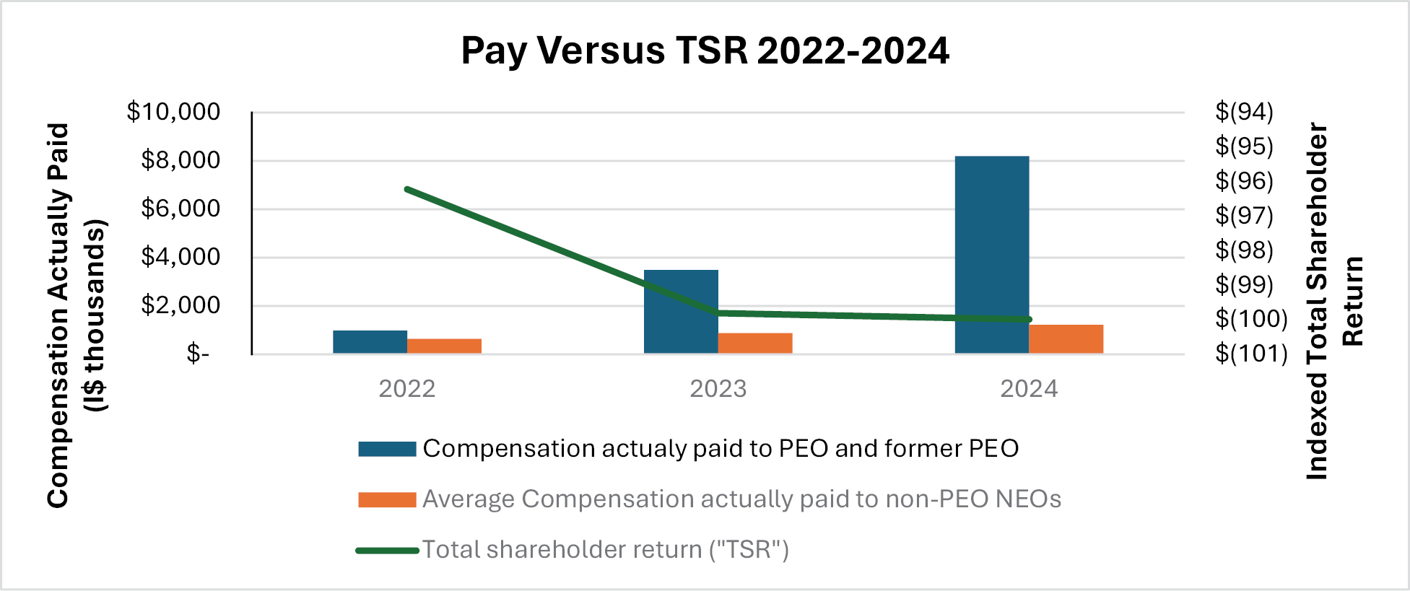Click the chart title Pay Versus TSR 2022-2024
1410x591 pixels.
coord(705,51)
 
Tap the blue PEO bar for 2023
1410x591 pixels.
coord(680,311)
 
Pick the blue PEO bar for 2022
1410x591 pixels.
coord(370,342)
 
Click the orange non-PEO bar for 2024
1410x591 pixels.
coord(1066,339)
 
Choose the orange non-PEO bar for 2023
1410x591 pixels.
coord(754,343)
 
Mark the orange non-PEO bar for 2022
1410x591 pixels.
coord(444,346)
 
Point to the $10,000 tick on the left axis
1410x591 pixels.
coord(173,112)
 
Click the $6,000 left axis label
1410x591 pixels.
coord(180,209)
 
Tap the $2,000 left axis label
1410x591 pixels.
coord(180,305)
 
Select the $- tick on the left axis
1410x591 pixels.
coord(198,354)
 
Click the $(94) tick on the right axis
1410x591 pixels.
coord(1244,112)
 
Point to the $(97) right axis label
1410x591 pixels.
coord(1244,215)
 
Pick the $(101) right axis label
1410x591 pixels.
coord(1251,354)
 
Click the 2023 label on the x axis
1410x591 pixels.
coord(718,389)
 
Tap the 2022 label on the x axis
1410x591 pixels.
coord(407,389)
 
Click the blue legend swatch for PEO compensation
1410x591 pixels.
coord(387,449)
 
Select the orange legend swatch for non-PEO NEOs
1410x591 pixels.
coord(387,499)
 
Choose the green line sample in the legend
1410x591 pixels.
coord(387,551)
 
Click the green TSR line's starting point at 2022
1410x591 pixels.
coord(408,189)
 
